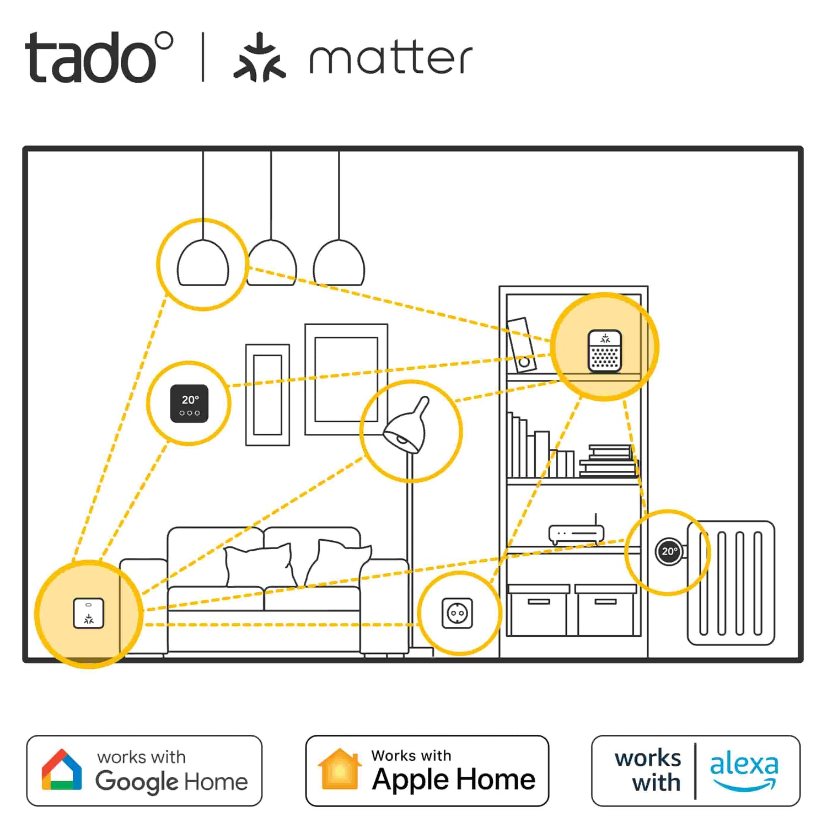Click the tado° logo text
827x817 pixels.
click(99, 57)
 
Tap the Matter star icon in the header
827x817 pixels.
click(260, 57)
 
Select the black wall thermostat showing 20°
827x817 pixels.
click(189, 404)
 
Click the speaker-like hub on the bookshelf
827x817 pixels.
click(605, 351)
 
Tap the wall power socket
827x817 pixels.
click(458, 613)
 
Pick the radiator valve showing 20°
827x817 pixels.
click(669, 551)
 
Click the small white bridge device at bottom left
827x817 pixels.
click(89, 613)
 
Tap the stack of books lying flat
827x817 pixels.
click(608, 460)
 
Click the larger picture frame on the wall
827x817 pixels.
click(346, 379)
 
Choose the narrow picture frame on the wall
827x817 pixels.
click(268, 395)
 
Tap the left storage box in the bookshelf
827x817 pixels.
click(538, 610)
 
